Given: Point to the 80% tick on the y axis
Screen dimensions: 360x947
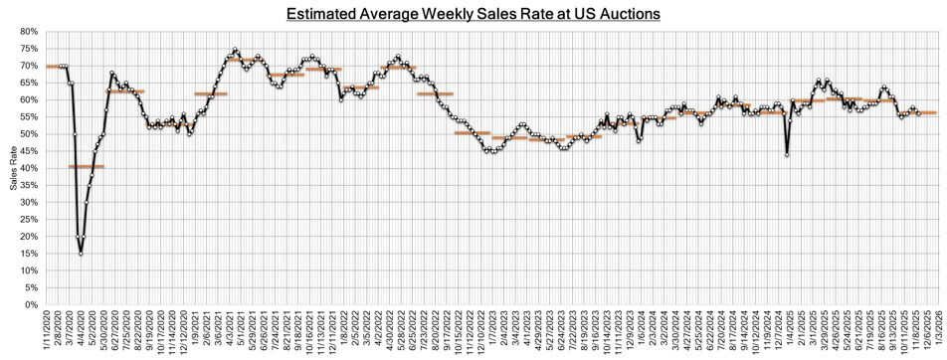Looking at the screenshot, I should coord(29,32).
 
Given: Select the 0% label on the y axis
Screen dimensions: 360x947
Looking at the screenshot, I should coord(32,304).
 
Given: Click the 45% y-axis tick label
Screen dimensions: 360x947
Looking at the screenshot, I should coord(29,151).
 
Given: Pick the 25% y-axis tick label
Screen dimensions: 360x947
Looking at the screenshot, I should coord(29,220).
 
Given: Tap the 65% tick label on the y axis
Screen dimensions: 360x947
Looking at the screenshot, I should coord(29,84).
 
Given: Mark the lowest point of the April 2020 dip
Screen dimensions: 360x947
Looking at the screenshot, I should coord(81,253).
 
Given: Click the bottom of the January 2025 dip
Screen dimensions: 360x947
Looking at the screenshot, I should coord(787,155).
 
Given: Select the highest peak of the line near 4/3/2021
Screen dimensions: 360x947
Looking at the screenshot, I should coord(235,49).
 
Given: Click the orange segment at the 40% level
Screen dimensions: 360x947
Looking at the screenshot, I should coord(86,166).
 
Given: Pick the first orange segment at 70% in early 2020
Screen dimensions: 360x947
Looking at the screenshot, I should coord(57,66).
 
